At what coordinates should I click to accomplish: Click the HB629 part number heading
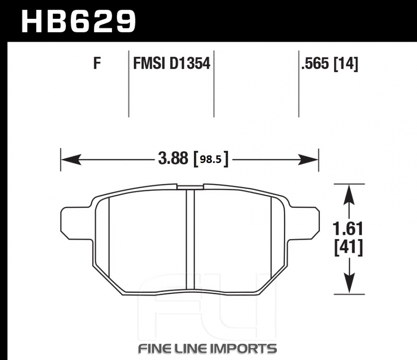[78, 21]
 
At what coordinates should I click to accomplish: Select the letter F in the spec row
[97, 63]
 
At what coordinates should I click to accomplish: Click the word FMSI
[149, 63]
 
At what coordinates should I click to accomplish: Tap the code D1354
[190, 63]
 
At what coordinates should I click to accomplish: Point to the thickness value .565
[315, 63]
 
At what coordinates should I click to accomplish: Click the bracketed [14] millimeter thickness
[346, 64]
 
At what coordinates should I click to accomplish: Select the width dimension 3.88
[173, 158]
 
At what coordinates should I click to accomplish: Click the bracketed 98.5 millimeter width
[211, 159]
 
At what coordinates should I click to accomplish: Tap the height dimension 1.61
[348, 229]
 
